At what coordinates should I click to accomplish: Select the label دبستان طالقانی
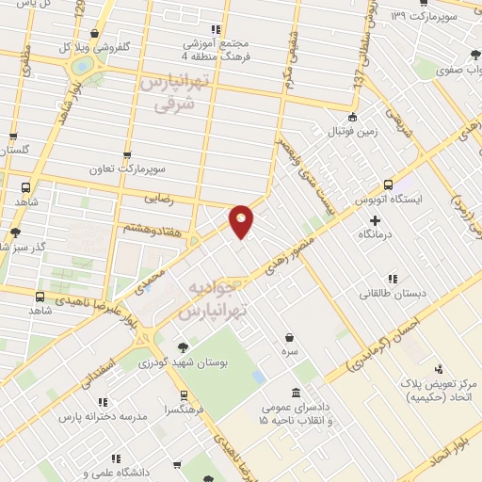tap(393, 293)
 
